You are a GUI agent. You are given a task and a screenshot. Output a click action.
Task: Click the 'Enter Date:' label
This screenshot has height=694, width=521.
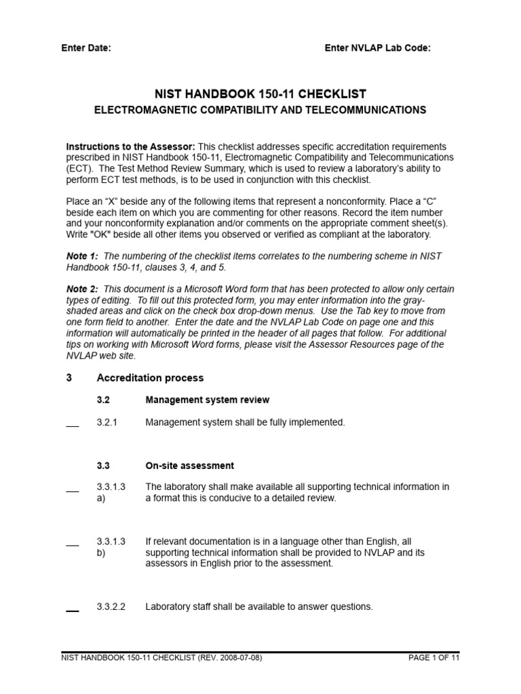pyautogui.click(x=86, y=48)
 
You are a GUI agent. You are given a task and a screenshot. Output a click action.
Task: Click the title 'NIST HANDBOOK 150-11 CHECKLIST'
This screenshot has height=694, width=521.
pyautogui.click(x=260, y=94)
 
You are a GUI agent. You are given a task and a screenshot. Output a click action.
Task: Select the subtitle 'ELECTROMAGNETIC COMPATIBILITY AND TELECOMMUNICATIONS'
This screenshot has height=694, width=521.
pyautogui.click(x=260, y=110)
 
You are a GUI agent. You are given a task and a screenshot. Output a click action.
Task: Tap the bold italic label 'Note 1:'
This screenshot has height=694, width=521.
pyautogui.click(x=82, y=256)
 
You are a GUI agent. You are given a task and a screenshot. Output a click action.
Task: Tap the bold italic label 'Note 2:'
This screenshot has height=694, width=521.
pyautogui.click(x=82, y=289)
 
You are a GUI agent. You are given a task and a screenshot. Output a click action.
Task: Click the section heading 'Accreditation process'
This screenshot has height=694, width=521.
pyautogui.click(x=150, y=378)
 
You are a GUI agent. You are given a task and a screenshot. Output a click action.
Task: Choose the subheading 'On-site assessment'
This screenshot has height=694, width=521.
pyautogui.click(x=189, y=466)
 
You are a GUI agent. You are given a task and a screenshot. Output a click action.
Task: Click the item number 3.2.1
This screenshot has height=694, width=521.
pyautogui.click(x=107, y=422)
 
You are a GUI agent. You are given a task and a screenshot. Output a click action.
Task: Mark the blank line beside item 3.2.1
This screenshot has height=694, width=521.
pyautogui.click(x=73, y=426)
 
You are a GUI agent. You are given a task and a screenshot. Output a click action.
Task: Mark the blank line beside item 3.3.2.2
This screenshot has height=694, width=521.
pyautogui.click(x=73, y=610)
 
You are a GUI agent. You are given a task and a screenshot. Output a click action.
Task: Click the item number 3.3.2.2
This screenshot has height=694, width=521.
pyautogui.click(x=111, y=607)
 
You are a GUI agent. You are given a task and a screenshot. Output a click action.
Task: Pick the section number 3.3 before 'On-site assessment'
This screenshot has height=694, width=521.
pyautogui.click(x=103, y=466)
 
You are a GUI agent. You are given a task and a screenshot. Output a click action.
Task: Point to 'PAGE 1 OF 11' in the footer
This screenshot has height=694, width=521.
pyautogui.click(x=434, y=658)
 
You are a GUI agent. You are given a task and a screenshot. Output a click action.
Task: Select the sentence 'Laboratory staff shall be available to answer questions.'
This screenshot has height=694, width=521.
pyautogui.click(x=259, y=607)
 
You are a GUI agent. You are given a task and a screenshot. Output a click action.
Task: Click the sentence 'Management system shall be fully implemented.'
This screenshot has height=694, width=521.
pyautogui.click(x=245, y=422)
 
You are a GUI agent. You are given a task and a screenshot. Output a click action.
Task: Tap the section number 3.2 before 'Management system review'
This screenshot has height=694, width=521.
pyautogui.click(x=103, y=401)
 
